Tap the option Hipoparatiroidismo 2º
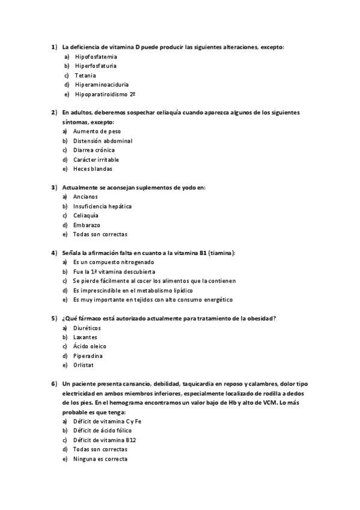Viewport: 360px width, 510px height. [x=105, y=94]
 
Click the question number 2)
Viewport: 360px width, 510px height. [x=54, y=112]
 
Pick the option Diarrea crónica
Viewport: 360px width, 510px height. [x=94, y=150]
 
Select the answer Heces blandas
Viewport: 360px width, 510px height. [x=93, y=168]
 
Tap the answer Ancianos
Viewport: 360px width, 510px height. [x=85, y=197]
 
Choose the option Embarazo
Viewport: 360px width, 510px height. [x=87, y=224]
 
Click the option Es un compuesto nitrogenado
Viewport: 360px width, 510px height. [x=114, y=262]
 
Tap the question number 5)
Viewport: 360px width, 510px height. [x=54, y=318]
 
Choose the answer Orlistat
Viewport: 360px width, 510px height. [x=84, y=365]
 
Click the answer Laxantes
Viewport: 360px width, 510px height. [x=85, y=337]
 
